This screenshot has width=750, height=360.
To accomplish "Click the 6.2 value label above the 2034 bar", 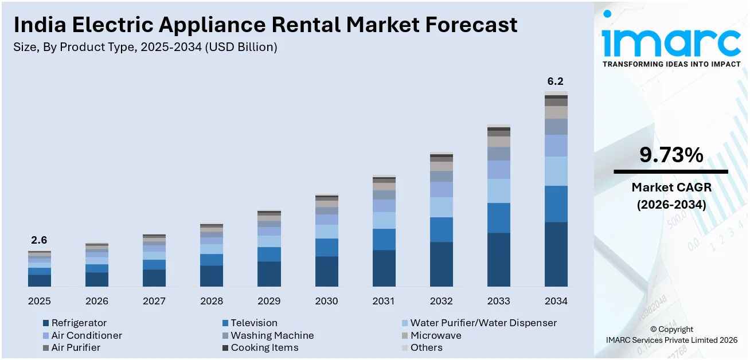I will pos(556,81).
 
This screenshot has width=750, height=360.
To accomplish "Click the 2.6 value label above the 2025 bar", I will pos(40,240).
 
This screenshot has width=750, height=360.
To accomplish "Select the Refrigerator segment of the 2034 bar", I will pos(556,254).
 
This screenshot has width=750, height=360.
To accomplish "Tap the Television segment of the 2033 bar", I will pos(498,218).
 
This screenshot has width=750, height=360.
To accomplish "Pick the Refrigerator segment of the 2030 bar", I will pos(326,271).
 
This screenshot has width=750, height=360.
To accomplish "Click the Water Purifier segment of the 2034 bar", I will pos(556,171).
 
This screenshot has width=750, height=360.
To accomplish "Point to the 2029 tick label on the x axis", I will pos(269,301).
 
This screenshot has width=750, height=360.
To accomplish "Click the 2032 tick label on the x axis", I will pos(441,301).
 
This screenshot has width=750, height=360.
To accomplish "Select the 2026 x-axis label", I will pos(97,301).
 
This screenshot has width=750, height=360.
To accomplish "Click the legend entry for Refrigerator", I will pos(79,323).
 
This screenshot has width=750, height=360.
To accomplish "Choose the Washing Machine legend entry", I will pos(272,335).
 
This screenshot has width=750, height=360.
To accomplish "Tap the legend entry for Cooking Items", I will pos(264,347).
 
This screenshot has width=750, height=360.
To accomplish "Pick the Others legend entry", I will pos(426,347).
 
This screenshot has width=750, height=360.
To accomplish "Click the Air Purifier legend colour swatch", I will pos(46,348).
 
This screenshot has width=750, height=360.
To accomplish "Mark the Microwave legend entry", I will pos(435,335).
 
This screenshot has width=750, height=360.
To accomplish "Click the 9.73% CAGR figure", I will pos(671,155).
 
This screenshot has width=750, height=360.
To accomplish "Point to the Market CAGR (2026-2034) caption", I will pos(671,195).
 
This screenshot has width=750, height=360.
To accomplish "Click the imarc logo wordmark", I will pos(671,41).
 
